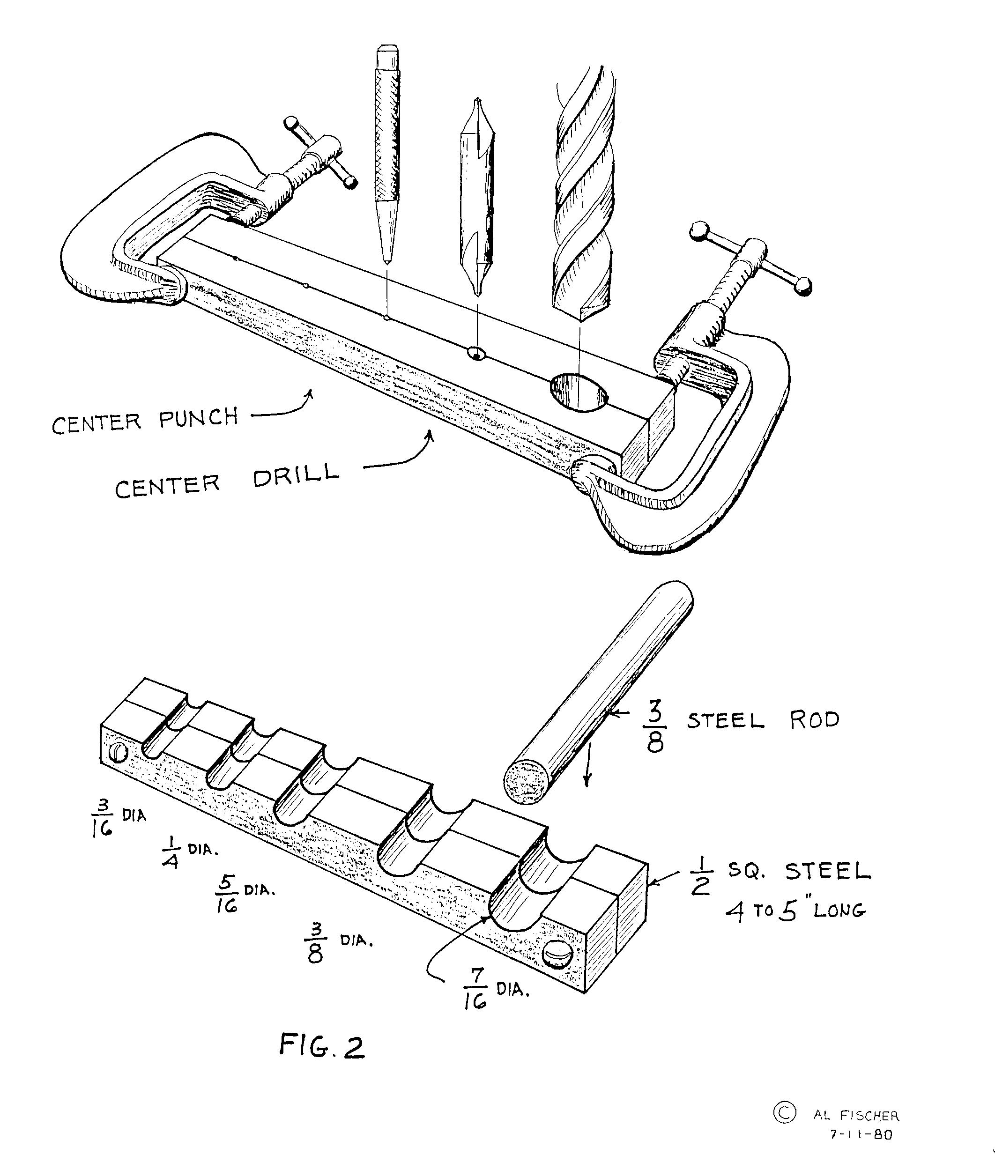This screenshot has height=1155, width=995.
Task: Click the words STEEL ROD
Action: click(x=763, y=720)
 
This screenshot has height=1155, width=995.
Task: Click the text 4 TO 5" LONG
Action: click(x=795, y=911)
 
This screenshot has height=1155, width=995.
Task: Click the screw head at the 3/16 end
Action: click(x=119, y=753)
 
